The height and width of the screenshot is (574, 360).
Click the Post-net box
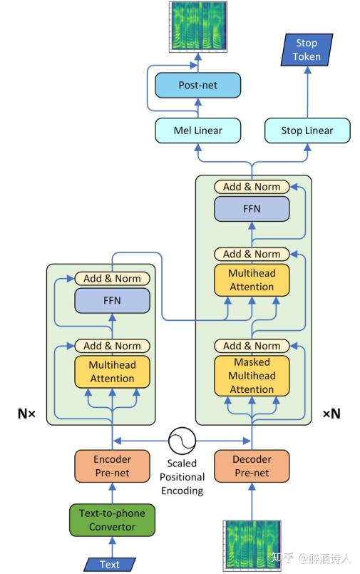pos(197,85)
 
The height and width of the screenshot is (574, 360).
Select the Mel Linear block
pos(197,130)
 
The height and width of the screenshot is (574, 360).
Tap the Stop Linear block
pos(307,130)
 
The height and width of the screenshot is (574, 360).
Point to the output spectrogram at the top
pos(197,26)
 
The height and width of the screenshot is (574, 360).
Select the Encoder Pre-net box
pos(112,466)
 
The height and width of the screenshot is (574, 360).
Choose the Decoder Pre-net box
pos(252,466)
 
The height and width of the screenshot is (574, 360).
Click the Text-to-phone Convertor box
pos(112,520)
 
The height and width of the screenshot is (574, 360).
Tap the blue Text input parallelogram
pos(110,564)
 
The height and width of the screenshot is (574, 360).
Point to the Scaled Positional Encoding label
pos(182,476)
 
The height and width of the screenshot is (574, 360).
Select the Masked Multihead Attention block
pos(252,376)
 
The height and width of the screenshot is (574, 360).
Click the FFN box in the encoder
pos(112,300)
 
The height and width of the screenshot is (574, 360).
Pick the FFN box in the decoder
pos(252,209)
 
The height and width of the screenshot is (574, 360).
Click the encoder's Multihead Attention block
pos(112,371)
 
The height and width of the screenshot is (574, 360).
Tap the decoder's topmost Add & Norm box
pos(252,187)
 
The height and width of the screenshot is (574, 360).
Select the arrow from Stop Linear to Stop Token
pos(307,93)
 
